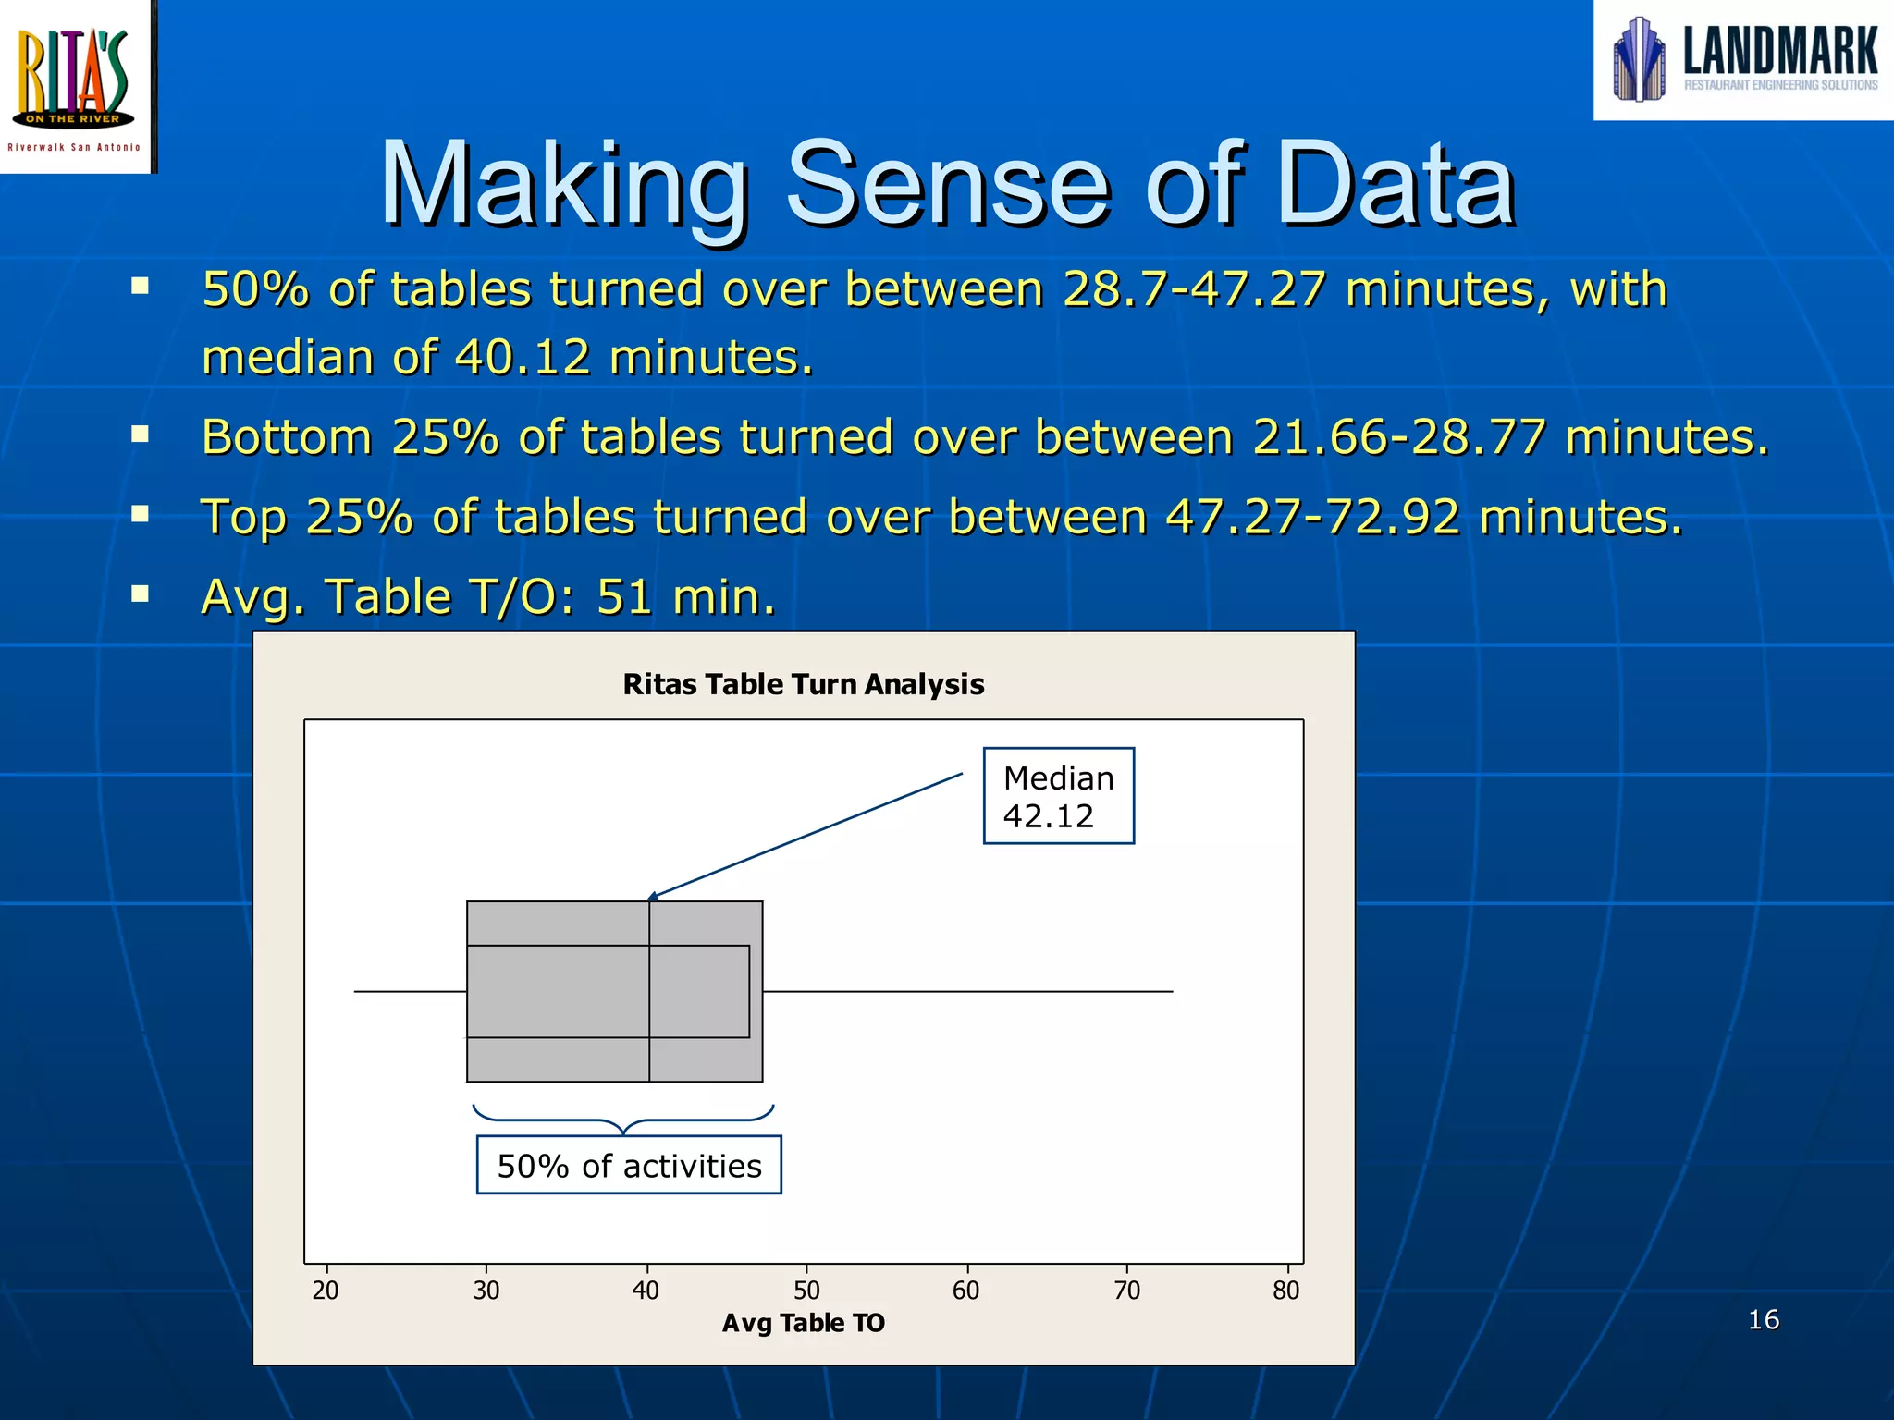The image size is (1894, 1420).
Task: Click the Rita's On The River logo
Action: [76, 85]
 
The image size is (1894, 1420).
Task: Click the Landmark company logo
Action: [1744, 60]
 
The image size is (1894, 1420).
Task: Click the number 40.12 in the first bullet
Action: [523, 357]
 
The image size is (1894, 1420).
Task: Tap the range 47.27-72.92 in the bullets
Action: [1312, 517]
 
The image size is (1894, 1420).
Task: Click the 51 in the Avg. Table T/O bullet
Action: [624, 596]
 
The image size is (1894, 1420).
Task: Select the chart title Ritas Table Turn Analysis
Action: [803, 684]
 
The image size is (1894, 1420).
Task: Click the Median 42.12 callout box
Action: [1058, 796]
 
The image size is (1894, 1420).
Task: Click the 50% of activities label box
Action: [629, 1165]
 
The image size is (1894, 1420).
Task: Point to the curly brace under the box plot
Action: [623, 1119]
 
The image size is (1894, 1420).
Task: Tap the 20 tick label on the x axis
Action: [326, 1291]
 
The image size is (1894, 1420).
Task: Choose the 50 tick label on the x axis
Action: [806, 1291]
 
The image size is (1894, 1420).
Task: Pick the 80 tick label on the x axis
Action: [1285, 1291]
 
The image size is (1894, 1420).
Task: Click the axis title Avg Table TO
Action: [803, 1323]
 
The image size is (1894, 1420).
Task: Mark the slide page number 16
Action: [1763, 1319]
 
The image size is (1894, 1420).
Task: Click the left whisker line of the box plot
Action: [410, 991]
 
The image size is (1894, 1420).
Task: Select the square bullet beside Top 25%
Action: [141, 514]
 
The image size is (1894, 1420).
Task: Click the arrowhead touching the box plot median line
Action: [653, 896]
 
